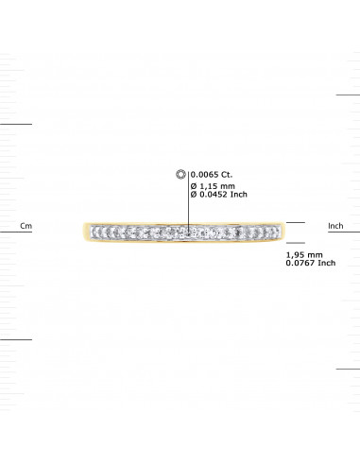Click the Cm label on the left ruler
[x=26, y=227]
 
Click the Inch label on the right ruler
[x=334, y=227]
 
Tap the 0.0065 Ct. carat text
[x=210, y=174]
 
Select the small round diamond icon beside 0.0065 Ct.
[x=181, y=174]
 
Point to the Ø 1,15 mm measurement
[x=212, y=187]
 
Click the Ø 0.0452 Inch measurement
[x=218, y=197]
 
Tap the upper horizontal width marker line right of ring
[x=296, y=223]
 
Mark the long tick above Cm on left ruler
[x=16, y=123]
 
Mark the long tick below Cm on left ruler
[x=16, y=337]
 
